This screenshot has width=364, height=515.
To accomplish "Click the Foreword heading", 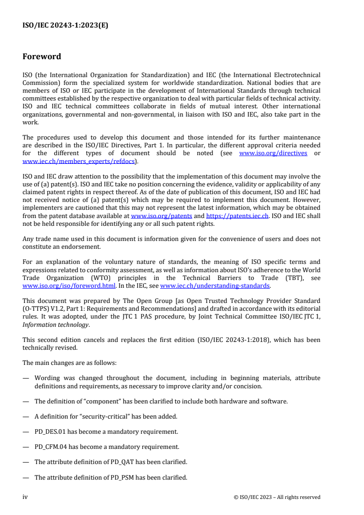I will click(42, 57).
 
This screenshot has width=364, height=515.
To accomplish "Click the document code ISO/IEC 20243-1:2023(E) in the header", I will click(65, 26).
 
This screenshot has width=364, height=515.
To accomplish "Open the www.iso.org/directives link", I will click(273, 153).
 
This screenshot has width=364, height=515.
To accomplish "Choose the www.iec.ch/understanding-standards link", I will click(215, 285).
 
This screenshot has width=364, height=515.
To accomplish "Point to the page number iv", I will click(25, 497).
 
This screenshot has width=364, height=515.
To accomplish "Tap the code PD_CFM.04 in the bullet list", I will click(52, 447).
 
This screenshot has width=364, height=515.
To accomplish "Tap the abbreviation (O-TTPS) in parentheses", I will click(35, 309).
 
